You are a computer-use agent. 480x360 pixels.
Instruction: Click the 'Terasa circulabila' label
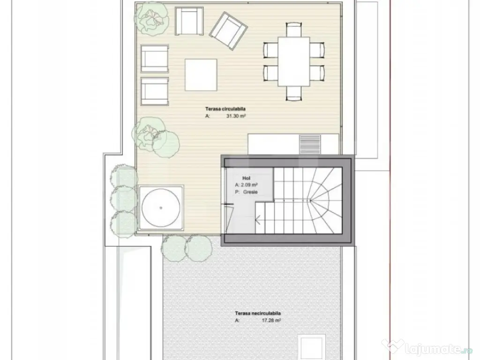[x=225, y=109]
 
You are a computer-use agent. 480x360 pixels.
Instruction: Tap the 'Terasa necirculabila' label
[x=258, y=313]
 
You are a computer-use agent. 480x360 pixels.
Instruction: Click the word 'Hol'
[x=246, y=178]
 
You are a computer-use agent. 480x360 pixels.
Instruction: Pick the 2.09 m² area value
[x=249, y=185]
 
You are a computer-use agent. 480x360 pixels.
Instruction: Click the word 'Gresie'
[x=250, y=192]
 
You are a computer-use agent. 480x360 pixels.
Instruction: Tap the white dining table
[x=293, y=61]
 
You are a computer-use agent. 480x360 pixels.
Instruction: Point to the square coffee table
[x=201, y=75]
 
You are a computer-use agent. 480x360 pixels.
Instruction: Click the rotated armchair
[x=228, y=31]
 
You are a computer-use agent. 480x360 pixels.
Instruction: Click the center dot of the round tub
[x=161, y=208]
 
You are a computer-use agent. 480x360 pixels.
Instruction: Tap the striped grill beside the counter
[x=310, y=144]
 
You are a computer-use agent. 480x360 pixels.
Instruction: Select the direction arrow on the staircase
[x=258, y=219]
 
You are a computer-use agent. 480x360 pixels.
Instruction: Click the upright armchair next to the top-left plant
[x=189, y=22]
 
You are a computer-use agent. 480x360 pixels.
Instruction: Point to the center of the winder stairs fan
[x=310, y=201]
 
